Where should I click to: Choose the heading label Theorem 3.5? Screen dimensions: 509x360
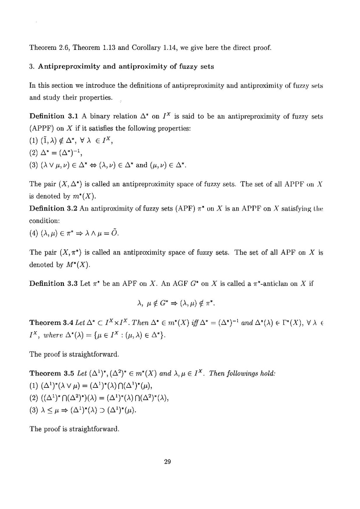(x=50, y=374)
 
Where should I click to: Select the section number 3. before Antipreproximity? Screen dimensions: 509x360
(x=32, y=66)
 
